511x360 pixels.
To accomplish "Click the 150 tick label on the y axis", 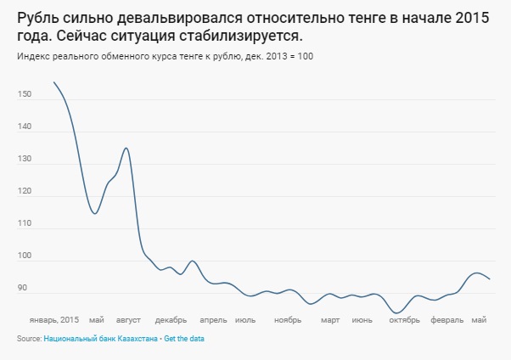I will pos(24,95).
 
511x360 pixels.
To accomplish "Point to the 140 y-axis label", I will pos(24,127).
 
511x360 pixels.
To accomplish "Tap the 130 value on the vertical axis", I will pos(24,160).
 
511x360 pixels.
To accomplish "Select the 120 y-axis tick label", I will pos(24,192).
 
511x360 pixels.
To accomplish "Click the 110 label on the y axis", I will pos(24,224).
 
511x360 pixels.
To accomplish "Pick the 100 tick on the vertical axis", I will pos(24,256).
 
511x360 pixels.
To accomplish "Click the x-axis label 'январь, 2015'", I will pos(53,320).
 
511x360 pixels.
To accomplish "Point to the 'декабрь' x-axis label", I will pos(171,320).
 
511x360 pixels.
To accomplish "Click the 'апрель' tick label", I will pos(213,320).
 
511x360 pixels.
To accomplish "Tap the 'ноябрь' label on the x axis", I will pos(288,320).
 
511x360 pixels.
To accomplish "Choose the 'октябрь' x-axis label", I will pos(405,320).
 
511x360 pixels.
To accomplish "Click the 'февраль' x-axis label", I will pos(447,320).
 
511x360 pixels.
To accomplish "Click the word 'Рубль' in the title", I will pos(40,20).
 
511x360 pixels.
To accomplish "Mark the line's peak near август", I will pos(126,148).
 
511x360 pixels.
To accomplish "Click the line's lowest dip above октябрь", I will pos(396,313).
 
